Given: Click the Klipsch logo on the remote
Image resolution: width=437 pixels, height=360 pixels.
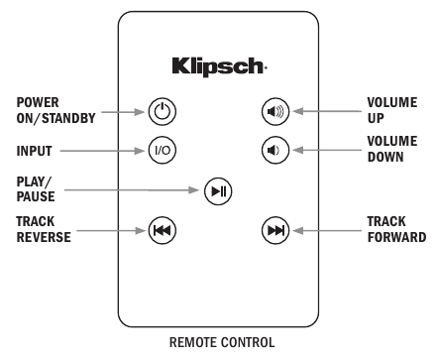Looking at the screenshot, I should pos(218,67).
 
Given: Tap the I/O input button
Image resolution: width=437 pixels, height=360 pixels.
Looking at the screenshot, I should pos(162,151).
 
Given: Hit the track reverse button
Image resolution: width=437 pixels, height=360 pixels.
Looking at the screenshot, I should pos(162,231).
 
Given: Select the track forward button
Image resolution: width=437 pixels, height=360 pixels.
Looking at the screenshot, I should pos(274,231).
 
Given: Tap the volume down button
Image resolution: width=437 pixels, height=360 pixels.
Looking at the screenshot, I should pos(274,151).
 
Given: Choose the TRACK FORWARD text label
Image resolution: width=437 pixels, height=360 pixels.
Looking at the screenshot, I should pos(396,230).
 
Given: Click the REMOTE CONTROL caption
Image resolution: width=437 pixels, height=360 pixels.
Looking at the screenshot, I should pos(218,343).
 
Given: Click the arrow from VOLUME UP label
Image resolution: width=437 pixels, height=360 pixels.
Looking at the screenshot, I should pos(325,111).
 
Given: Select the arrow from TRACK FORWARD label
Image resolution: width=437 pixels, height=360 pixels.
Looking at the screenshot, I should pos(325,231).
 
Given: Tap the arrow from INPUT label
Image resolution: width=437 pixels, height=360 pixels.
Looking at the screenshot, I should pos(104,151).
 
